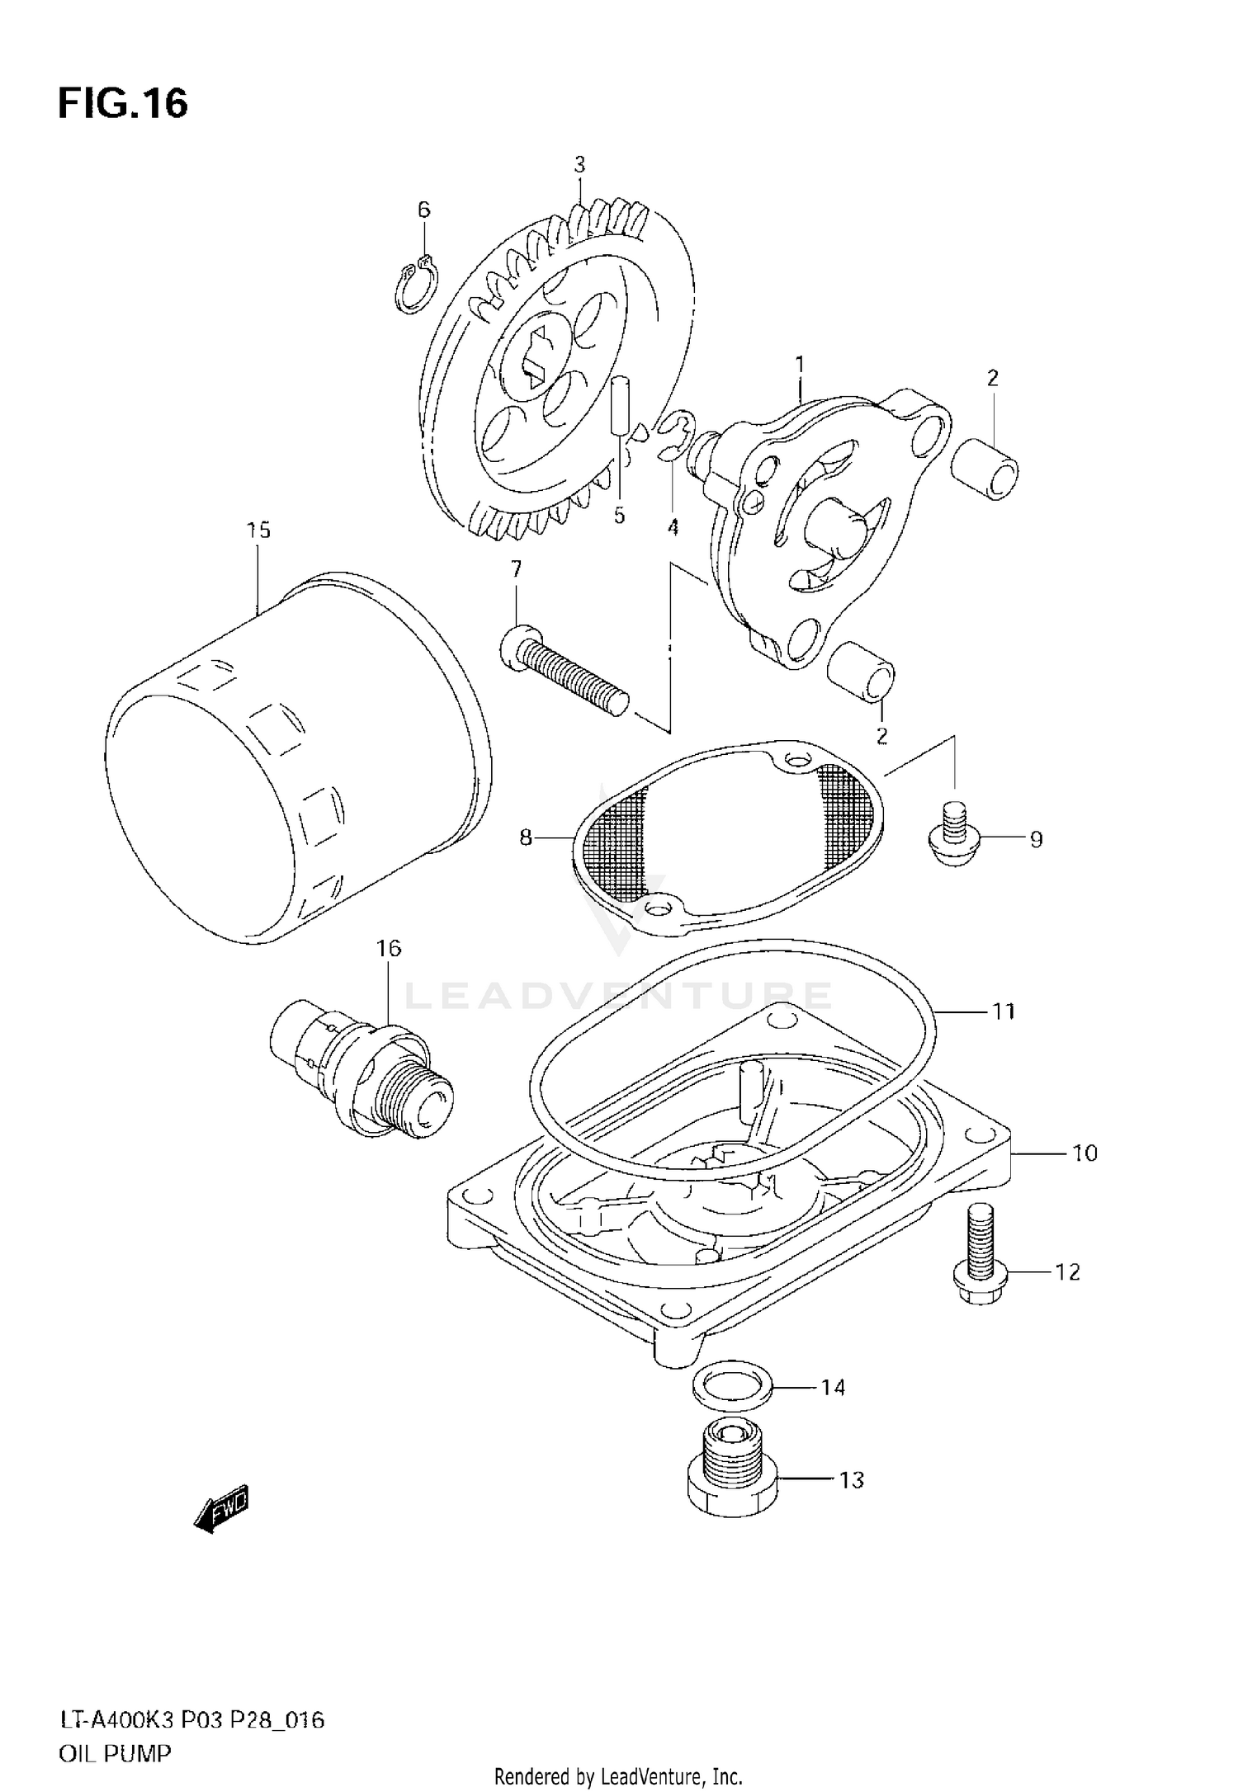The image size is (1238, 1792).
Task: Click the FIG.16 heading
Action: coord(123,104)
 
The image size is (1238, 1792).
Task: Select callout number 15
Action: coord(258,530)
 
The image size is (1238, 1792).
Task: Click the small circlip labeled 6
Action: coord(412,285)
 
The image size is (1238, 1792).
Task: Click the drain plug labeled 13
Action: coord(730,1482)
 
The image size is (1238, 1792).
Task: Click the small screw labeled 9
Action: coord(955,835)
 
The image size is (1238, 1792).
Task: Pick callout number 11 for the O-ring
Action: coord(1003,1011)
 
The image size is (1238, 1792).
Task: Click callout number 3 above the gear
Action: coord(579,164)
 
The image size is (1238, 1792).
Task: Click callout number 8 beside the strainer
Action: coord(526,837)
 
